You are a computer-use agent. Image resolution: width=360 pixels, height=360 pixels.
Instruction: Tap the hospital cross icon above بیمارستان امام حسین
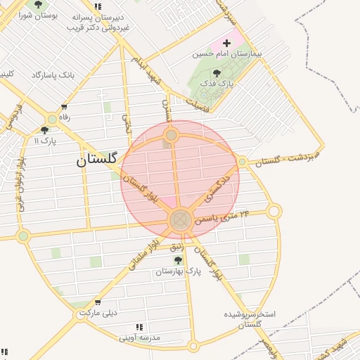(x=226, y=43)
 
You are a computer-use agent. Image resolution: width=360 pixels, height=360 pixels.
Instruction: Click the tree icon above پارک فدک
(x=216, y=72)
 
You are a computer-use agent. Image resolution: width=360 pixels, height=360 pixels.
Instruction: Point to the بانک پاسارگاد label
(x=53, y=75)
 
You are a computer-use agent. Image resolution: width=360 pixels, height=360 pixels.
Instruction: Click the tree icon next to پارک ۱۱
(x=45, y=130)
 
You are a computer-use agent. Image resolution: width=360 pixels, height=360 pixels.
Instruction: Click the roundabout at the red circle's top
(x=171, y=134)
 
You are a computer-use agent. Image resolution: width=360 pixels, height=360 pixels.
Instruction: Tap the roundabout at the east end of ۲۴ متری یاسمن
(x=274, y=210)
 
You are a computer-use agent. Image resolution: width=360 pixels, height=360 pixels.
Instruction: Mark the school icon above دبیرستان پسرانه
(x=98, y=6)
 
